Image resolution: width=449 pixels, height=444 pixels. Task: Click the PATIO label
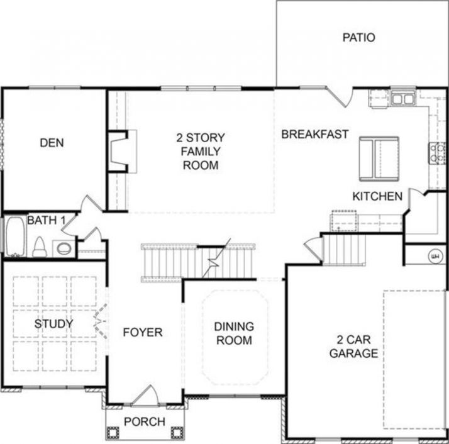point(358,38)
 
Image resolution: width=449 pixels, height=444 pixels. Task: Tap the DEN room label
point(52,143)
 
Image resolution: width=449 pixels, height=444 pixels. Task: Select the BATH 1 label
point(47,220)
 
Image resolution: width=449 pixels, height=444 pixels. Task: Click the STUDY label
point(53,324)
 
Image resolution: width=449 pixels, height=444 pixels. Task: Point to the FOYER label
point(142,332)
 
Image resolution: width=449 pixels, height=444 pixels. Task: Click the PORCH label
point(144,421)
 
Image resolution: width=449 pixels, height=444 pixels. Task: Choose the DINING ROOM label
point(234,333)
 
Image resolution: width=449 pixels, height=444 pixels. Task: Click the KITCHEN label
point(377,197)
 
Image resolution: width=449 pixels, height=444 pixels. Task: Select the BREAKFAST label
point(314,134)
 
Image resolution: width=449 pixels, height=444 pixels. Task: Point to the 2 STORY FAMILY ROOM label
point(201,152)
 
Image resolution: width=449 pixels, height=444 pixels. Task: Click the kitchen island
point(378,157)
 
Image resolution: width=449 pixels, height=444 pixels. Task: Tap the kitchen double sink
point(403,99)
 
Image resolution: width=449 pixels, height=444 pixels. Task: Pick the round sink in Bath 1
point(64,247)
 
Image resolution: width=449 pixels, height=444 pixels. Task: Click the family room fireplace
point(119,151)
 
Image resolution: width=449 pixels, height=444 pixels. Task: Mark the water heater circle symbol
point(434,256)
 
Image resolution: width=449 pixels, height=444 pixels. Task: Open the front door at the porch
point(145,394)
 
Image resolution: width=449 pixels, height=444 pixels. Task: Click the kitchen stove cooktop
point(436,152)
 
